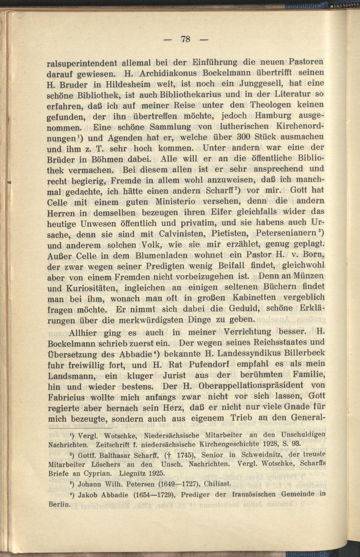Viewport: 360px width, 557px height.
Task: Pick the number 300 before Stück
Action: (222, 137)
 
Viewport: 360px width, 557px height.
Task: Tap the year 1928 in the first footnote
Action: (271, 443)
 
